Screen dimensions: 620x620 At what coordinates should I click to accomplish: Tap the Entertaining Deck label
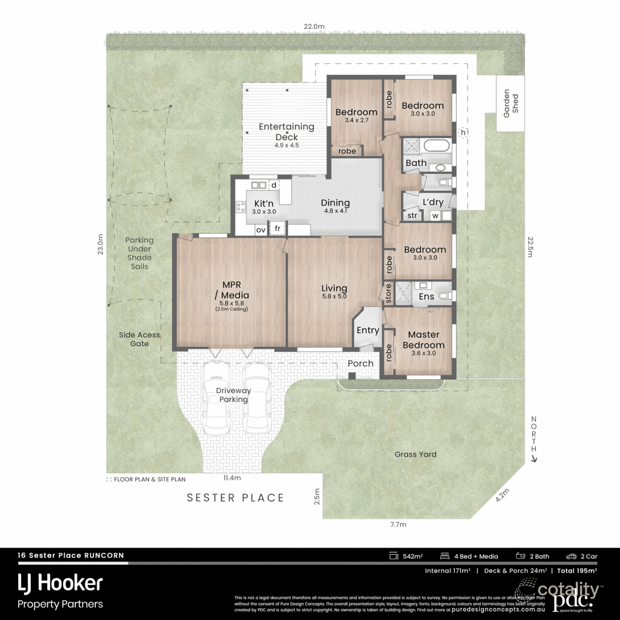286,132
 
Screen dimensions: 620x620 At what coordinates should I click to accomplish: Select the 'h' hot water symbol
463,133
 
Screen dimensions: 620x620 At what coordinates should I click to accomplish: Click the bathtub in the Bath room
437,146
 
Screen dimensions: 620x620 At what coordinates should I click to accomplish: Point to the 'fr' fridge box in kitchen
277,228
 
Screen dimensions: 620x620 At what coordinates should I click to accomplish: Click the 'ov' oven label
261,229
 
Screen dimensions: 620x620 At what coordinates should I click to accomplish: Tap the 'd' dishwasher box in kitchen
273,184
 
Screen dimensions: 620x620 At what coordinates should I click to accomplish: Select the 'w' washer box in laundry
435,215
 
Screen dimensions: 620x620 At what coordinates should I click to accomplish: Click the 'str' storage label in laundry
412,215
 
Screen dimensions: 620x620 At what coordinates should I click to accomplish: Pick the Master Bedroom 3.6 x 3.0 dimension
423,353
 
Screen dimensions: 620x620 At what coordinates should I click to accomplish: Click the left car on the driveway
215,398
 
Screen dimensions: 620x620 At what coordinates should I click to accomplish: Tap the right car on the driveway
257,398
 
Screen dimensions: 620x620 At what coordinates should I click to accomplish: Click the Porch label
360,363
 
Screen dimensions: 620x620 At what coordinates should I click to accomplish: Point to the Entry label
368,330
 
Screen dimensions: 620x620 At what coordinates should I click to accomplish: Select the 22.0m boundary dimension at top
314,26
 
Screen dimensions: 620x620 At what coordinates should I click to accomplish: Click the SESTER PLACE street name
236,498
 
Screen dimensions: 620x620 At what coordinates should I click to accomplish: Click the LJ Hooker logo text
60,583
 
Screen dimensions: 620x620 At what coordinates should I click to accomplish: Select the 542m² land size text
413,556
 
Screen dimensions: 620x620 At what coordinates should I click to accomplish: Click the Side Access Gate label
139,339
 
